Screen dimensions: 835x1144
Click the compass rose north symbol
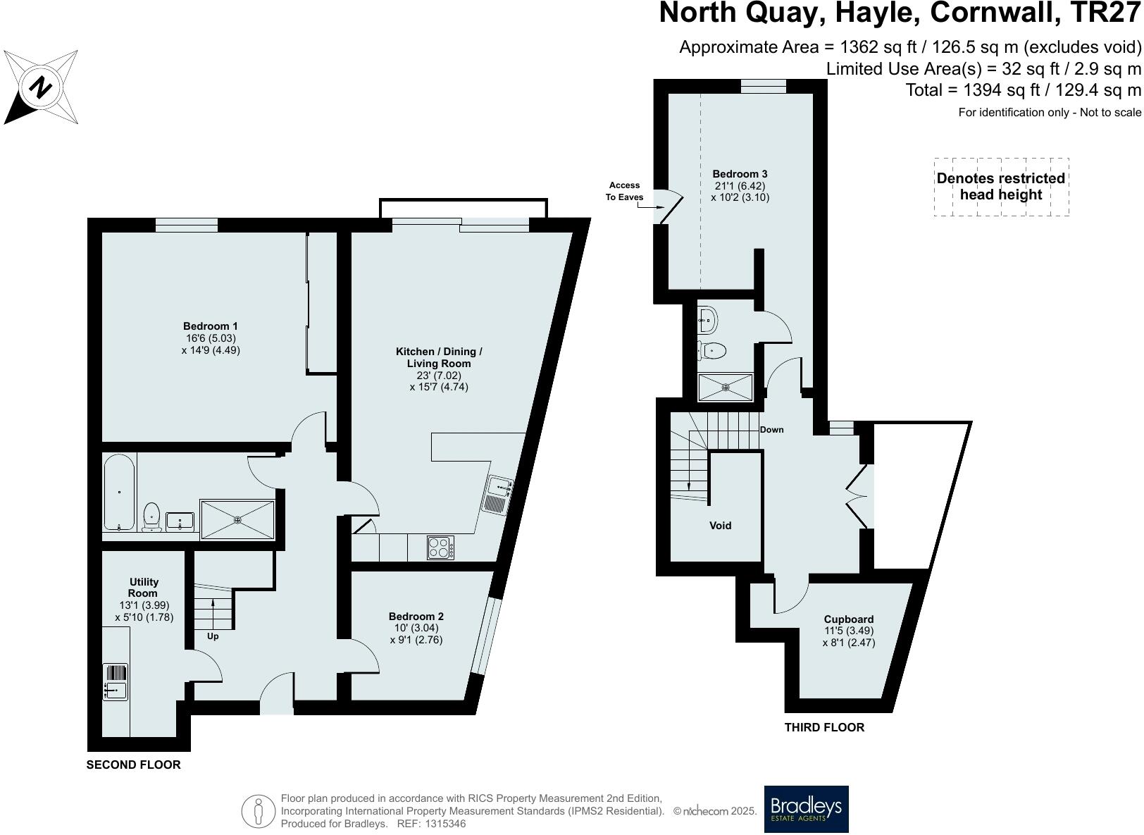pos(41,87)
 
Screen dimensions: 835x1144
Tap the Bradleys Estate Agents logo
pos(806,809)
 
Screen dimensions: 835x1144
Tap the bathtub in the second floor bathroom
pos(119,492)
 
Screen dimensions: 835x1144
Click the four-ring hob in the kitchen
pos(440,548)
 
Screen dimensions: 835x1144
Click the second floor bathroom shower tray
pos(237,520)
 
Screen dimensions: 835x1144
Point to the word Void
pos(720,526)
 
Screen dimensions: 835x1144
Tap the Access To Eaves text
pos(624,191)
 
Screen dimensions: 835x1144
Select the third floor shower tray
pos(726,387)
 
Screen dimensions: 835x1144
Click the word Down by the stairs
pos(771,430)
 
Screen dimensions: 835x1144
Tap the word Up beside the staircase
pos(213,636)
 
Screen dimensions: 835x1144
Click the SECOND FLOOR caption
pos(133,765)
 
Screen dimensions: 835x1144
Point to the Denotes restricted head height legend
pos(1000,187)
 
